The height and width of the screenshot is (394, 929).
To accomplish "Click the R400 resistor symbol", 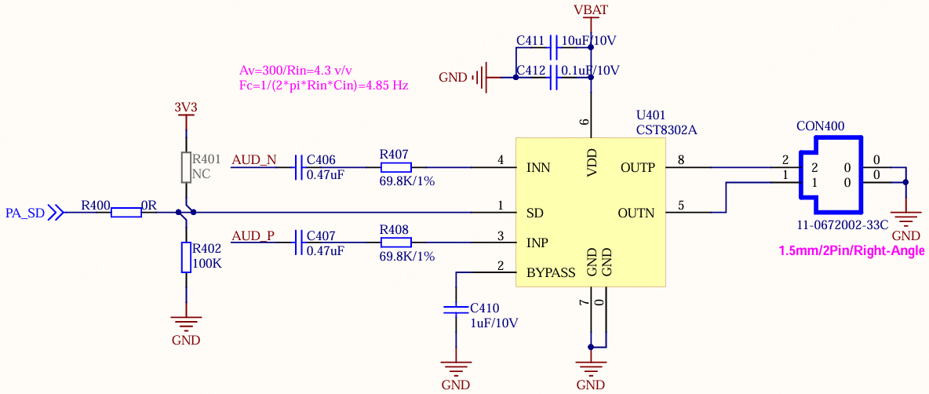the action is pos(126,212).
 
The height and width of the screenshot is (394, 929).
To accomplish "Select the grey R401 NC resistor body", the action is pos(186,168).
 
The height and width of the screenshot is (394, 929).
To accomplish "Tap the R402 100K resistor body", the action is pos(186,257).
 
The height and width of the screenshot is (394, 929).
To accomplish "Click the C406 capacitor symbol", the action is pos(299,168).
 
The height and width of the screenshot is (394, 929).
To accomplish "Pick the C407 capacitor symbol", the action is pos(299,243).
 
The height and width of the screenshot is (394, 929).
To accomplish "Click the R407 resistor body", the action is pos(395,168).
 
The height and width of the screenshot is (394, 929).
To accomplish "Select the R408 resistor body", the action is pos(395,243).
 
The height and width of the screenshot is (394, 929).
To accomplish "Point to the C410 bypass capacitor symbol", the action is pos(456,308).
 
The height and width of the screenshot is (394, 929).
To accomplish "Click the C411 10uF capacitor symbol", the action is pos(554,48).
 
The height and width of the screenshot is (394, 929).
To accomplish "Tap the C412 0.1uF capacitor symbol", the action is pos(554,77).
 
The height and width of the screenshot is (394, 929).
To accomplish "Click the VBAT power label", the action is pos(591,9).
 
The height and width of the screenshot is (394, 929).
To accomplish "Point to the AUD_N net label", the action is pos(253,160).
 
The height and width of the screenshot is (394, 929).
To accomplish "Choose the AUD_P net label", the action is pos(253,235).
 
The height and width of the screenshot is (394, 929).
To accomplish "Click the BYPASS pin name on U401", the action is pos(550,272).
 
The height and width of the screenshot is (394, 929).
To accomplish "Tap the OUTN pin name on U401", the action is pos(637,212).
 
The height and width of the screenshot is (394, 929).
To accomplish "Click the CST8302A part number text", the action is pos(666,130).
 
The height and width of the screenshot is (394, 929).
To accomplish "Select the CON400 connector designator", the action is pos(821,126).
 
